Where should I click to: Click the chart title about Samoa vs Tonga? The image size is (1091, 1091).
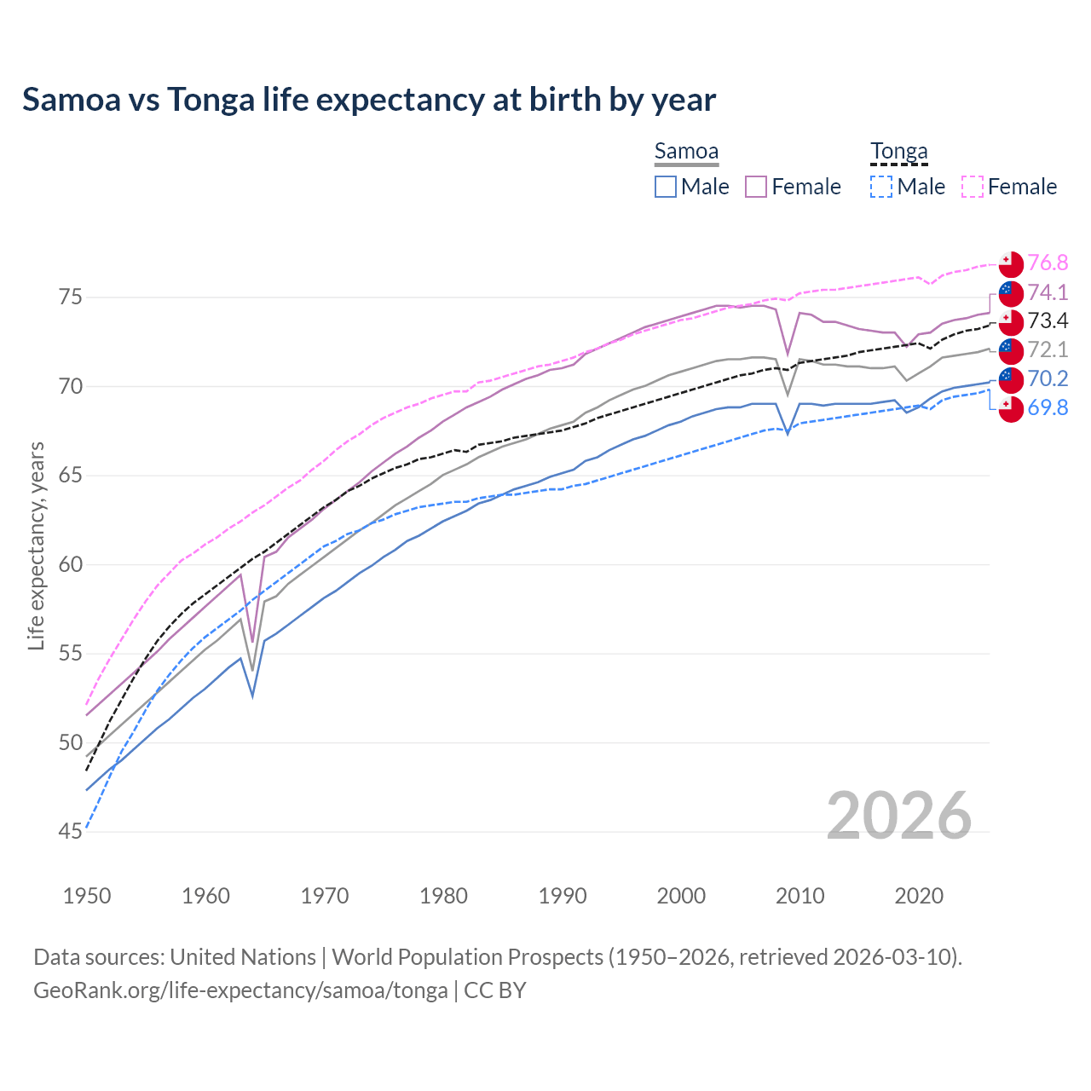(x=369, y=100)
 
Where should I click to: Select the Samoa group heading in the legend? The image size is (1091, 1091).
(x=686, y=152)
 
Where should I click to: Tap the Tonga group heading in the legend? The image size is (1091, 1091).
(x=898, y=152)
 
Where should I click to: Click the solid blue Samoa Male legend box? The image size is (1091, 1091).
(x=666, y=187)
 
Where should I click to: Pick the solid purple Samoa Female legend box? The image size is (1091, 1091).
(x=756, y=187)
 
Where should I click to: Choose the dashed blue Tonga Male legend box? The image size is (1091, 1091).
(x=881, y=187)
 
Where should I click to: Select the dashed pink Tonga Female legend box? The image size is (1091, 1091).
(x=973, y=187)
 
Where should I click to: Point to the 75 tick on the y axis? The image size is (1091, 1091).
(x=70, y=297)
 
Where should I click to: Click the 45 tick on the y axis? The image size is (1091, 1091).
(x=70, y=832)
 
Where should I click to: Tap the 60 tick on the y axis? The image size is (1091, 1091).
(x=70, y=564)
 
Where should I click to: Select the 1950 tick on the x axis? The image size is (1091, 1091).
(x=87, y=896)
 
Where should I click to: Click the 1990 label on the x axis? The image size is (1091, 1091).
(x=563, y=896)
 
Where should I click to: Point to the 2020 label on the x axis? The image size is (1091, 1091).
(x=919, y=896)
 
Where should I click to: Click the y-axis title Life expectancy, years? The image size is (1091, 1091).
(x=36, y=545)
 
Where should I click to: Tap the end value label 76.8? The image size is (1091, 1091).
(x=1048, y=263)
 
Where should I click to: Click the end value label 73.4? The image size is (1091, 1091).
(x=1048, y=321)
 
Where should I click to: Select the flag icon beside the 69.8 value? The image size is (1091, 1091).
(x=1011, y=408)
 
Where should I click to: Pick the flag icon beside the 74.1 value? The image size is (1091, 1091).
(x=1011, y=292)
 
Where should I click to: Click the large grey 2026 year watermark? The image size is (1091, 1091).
(x=898, y=816)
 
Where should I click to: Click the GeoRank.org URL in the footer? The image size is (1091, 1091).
(x=240, y=990)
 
